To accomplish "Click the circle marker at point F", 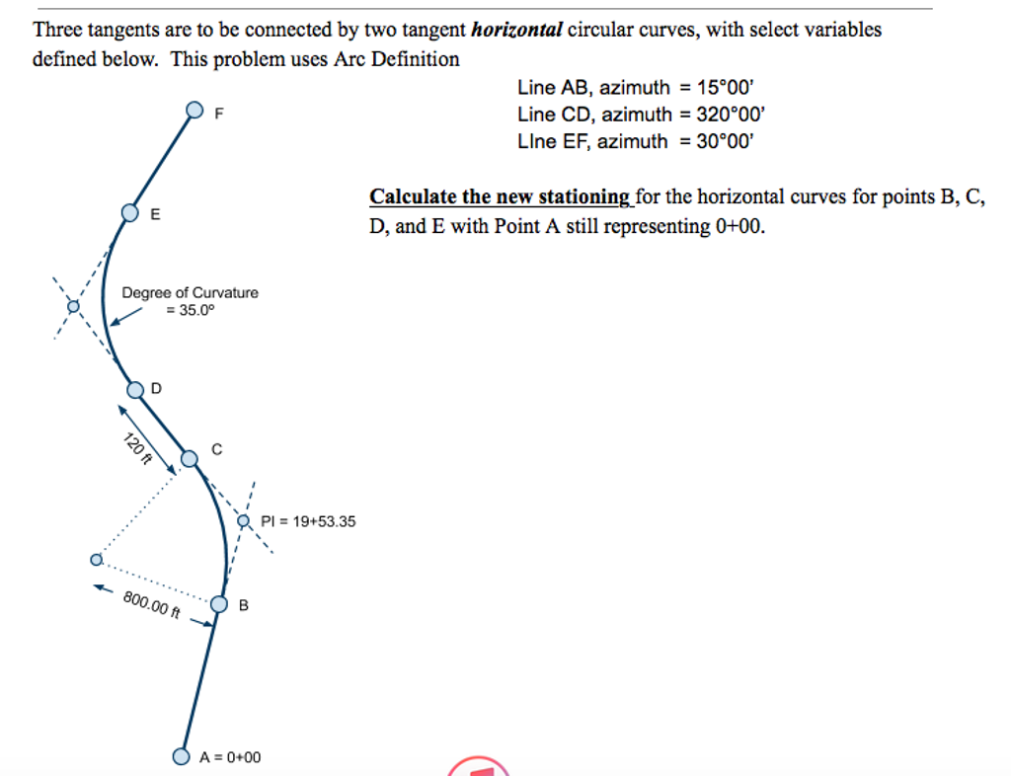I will [x=194, y=109].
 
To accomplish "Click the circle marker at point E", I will [x=130, y=212].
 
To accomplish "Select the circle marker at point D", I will [x=135, y=388].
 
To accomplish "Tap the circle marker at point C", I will [x=190, y=457].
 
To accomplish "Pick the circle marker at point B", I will [x=219, y=604].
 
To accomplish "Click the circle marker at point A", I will [x=181, y=756].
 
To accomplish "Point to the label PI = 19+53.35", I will [x=308, y=521].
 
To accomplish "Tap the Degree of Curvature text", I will [x=190, y=292].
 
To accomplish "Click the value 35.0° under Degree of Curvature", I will [x=190, y=309].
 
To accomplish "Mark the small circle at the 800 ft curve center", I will [x=96, y=559].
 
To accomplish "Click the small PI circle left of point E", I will [x=71, y=306].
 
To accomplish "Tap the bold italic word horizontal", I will [x=516, y=30].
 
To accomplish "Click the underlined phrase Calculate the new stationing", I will [x=501, y=196].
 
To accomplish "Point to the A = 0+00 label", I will [x=230, y=757].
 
